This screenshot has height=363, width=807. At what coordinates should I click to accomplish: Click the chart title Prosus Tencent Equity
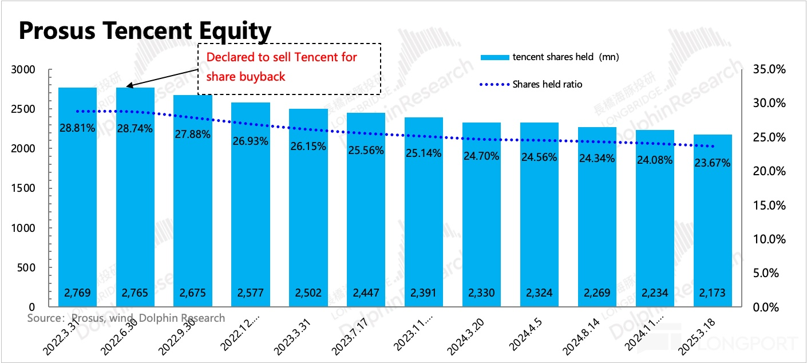tap(145, 31)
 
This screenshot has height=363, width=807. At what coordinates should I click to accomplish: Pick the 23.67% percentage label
tap(712, 163)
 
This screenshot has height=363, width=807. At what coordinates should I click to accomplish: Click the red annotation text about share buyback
tap(282, 66)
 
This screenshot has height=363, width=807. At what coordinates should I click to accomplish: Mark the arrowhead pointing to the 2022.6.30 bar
tap(128, 86)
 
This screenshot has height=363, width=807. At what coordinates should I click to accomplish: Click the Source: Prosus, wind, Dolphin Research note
tap(126, 318)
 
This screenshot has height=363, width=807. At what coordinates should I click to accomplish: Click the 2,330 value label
tap(481, 293)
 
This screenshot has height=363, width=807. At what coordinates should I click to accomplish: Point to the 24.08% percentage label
tap(654, 160)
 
